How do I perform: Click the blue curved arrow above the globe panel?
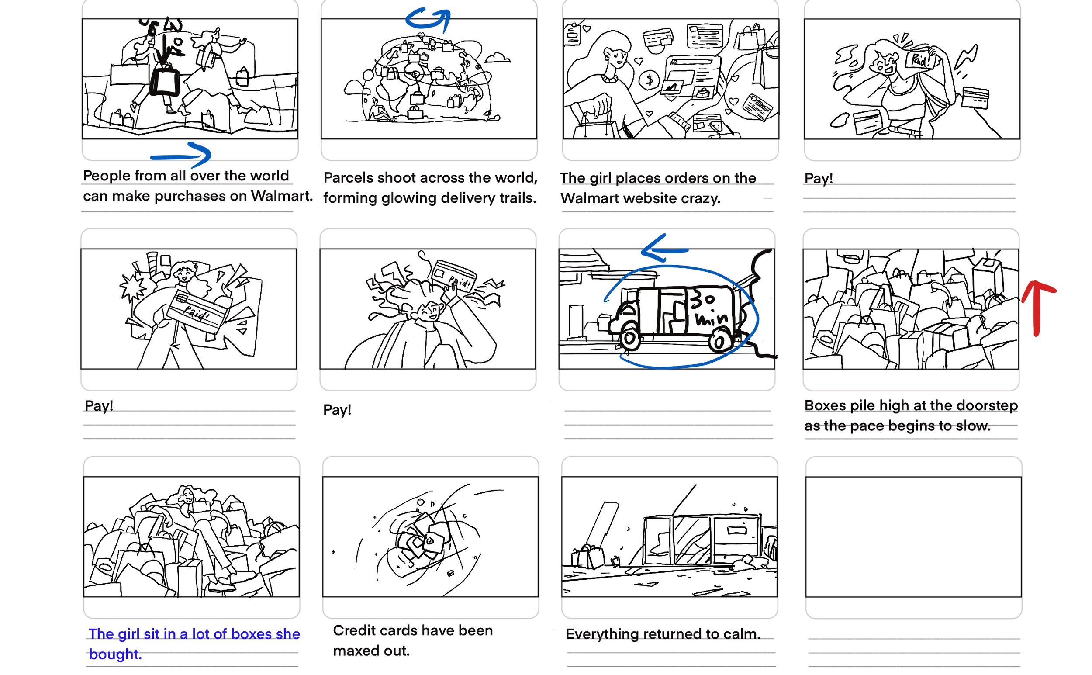click(429, 19)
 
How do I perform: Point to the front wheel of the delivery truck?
click(629, 339)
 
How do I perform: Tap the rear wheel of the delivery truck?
click(719, 343)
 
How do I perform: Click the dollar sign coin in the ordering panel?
click(650, 80)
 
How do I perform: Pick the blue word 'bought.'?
click(115, 654)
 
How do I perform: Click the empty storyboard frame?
click(912, 536)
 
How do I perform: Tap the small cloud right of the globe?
click(497, 58)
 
